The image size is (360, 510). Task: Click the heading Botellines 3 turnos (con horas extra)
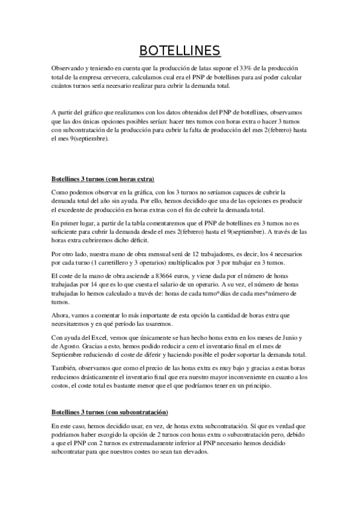(103, 179)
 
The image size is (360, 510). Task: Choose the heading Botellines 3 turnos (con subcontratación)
(109, 413)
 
